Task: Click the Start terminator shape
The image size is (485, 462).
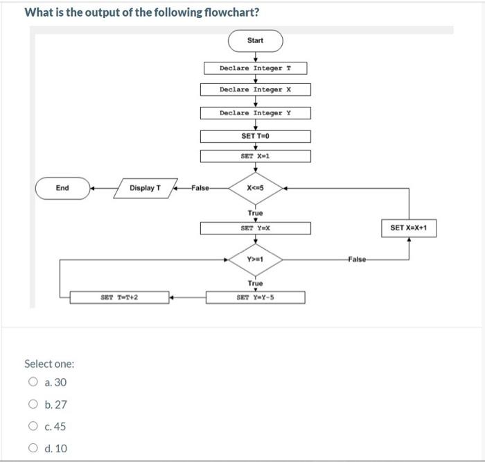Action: point(255,40)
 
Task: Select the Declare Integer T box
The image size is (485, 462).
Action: point(255,68)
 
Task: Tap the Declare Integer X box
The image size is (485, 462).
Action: point(255,89)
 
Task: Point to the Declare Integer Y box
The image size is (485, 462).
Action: point(255,112)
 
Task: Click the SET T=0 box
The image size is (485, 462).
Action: point(255,136)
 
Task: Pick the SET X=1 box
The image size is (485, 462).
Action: point(255,156)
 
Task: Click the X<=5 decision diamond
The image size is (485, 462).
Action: point(255,187)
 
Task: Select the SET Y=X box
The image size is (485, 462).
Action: point(255,228)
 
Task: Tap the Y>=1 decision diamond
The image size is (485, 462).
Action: point(255,259)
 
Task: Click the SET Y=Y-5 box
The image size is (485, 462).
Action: point(255,298)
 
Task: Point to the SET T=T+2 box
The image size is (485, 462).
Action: point(119,298)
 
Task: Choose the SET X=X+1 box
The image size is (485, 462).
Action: point(409,228)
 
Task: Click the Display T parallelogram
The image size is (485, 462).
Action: point(145,188)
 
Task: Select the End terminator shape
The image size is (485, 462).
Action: point(62,188)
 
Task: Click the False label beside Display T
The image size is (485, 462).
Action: point(200,188)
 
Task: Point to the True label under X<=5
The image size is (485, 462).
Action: point(255,213)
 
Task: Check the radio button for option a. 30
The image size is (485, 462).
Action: point(33,382)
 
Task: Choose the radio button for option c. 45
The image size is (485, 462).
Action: point(33,426)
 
